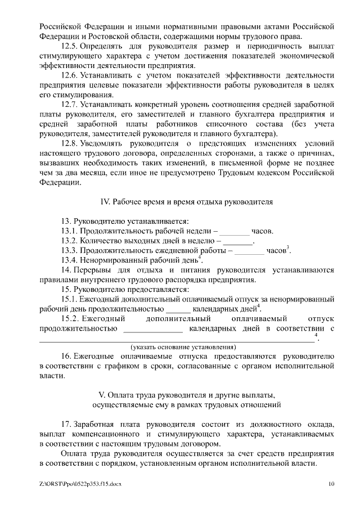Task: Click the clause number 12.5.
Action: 69,46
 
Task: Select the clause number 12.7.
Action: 69,105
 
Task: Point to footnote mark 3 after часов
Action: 289,248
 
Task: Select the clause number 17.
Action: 66,424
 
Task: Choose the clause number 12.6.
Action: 69,75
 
